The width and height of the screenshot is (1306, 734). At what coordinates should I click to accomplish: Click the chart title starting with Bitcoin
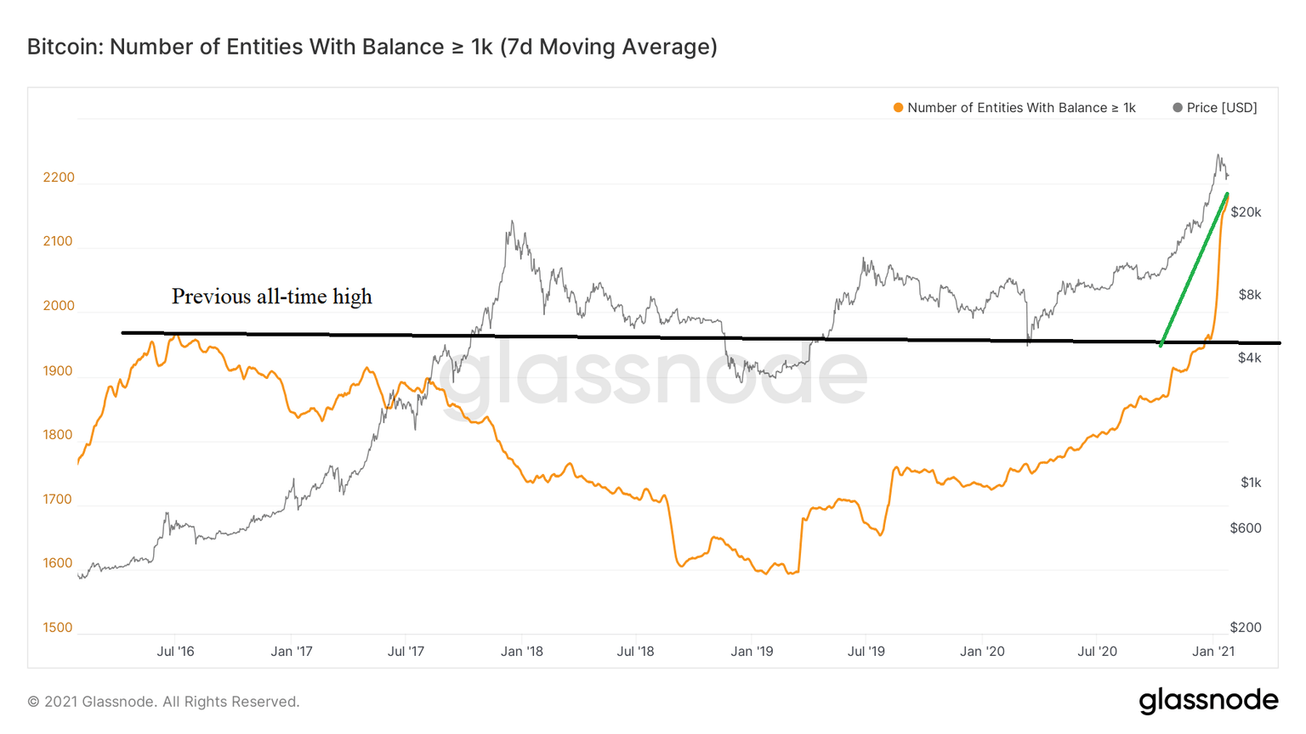point(372,47)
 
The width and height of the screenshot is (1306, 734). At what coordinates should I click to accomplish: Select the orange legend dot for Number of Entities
point(898,108)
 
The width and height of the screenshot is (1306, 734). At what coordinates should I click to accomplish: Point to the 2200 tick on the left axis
point(59,178)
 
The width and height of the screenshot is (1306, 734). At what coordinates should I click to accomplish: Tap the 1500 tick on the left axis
point(59,628)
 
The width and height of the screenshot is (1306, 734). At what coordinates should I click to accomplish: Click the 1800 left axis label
point(59,435)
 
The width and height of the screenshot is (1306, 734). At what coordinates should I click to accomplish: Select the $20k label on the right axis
point(1246,212)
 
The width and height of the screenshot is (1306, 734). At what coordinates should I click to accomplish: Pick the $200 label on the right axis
point(1246,628)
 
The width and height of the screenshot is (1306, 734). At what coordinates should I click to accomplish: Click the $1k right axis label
point(1251,483)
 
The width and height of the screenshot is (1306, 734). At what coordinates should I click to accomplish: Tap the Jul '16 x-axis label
point(175,652)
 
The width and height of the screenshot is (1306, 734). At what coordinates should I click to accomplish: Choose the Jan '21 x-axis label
point(1213,652)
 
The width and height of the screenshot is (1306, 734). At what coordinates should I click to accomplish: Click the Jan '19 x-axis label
point(752,652)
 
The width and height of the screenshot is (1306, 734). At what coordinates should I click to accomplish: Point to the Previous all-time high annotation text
point(272,296)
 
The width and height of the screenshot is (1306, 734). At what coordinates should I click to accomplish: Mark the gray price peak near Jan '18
point(512,223)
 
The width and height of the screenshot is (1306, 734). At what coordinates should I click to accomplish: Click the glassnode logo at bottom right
point(1208,701)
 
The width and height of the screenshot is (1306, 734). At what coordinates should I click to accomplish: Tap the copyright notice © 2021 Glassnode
point(163,702)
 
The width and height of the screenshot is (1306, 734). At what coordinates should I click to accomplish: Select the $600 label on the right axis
point(1246,528)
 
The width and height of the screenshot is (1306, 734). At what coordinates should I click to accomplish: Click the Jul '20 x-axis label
point(1097,652)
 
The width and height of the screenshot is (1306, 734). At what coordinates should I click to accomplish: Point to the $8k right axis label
point(1250,295)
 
